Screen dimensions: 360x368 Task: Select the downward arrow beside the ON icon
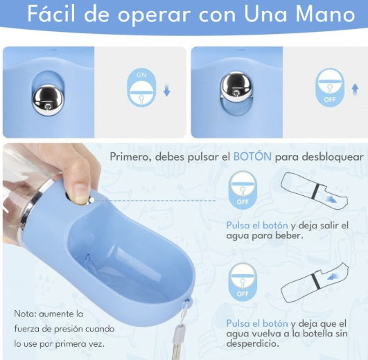(167, 92)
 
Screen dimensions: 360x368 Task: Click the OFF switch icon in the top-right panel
(330, 87)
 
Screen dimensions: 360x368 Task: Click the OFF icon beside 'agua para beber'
(242, 190)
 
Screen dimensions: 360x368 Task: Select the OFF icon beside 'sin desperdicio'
(242, 280)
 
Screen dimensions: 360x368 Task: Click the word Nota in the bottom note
(26, 314)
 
